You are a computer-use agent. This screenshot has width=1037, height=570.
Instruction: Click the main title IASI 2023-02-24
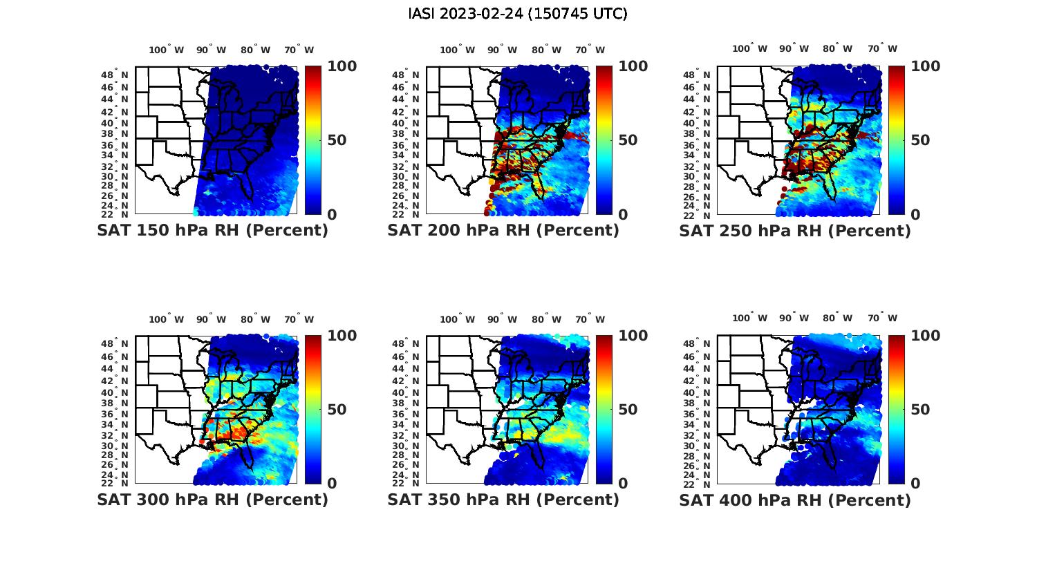518,14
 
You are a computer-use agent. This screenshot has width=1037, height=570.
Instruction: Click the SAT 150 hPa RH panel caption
212,231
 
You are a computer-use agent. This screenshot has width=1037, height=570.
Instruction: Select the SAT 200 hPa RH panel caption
503,231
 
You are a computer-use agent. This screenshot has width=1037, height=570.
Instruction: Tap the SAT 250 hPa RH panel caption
795,231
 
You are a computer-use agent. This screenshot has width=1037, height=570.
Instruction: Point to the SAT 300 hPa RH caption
212,500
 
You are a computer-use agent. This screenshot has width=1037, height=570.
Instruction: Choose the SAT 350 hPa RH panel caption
503,500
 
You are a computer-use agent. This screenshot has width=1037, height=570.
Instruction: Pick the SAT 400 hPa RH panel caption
795,500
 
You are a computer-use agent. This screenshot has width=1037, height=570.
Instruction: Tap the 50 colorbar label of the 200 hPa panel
628,140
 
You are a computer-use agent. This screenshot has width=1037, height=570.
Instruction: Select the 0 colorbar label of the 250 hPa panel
915,215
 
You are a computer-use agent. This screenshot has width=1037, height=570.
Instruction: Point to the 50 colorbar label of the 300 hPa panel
337,410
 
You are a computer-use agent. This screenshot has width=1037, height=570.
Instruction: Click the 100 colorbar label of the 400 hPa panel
925,336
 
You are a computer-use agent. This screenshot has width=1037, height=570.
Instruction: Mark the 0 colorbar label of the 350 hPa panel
623,484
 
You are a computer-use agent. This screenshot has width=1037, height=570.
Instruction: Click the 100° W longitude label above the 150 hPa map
167,50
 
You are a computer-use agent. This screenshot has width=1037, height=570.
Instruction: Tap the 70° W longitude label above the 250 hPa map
882,48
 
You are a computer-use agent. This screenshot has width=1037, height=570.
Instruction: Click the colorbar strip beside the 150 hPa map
312,140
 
